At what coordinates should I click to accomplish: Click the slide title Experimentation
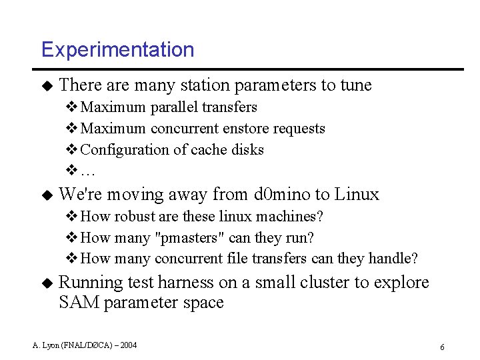(x=117, y=50)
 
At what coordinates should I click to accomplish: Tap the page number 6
(x=442, y=347)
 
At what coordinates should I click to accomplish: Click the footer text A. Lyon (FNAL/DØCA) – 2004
(x=85, y=345)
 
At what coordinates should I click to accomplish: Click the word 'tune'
(x=356, y=85)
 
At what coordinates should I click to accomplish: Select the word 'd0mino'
(x=283, y=195)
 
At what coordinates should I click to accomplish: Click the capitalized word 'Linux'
(x=357, y=195)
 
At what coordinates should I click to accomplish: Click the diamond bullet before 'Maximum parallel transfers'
(x=71, y=107)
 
